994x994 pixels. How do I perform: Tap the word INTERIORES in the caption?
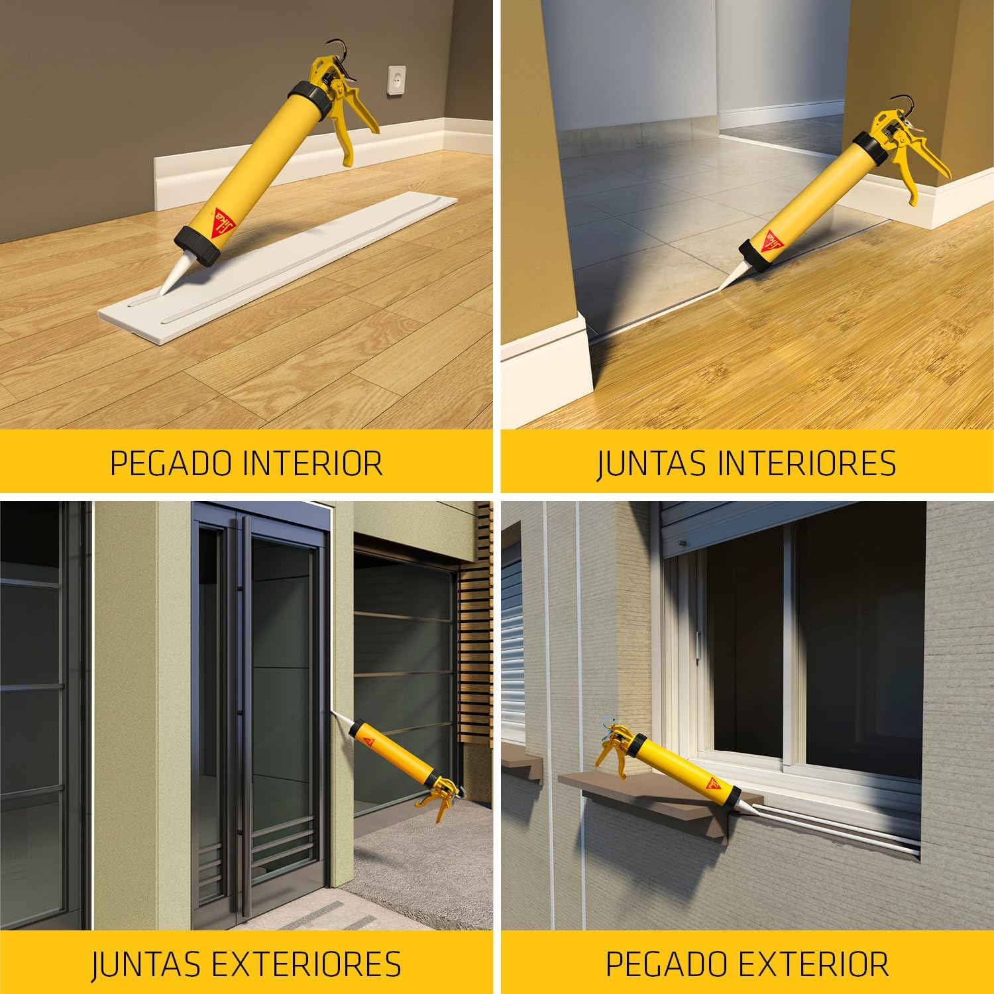click(x=806, y=463)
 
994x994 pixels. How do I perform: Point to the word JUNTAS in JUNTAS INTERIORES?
click(x=652, y=464)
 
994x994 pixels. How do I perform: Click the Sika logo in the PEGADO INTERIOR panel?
click(x=219, y=218)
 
